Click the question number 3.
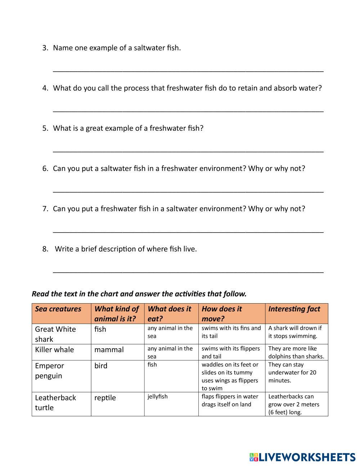click(x=45, y=48)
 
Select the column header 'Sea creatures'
click(x=58, y=309)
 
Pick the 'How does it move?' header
click(x=222, y=314)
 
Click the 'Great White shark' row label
click(x=55, y=334)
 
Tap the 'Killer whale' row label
click(x=54, y=350)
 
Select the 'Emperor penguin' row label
click(x=49, y=371)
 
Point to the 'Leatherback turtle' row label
click(x=55, y=403)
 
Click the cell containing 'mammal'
click(x=109, y=350)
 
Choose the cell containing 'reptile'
click(x=105, y=398)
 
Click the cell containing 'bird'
click(x=101, y=366)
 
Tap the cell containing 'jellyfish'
click(x=158, y=396)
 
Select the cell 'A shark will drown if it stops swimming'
click(x=295, y=332)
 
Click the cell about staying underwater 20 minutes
click(x=292, y=372)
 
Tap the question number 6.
click(x=45, y=169)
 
